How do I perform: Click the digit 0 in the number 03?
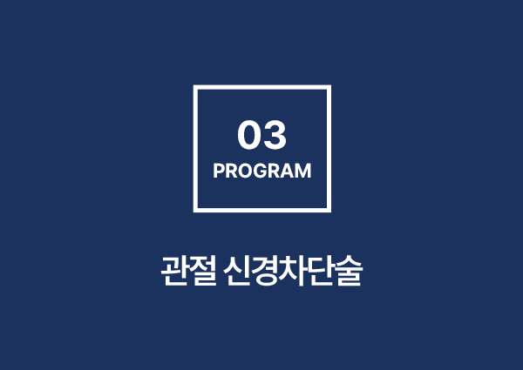tap(249, 135)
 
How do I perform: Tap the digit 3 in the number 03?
tap(275, 135)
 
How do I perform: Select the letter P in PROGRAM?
tap(219, 171)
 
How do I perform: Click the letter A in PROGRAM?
tap(289, 171)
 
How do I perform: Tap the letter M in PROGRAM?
tap(304, 171)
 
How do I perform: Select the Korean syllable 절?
tap(203, 271)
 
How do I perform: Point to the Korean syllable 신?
tap(238, 271)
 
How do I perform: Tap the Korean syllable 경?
tap(266, 271)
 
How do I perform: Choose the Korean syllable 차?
tap(293, 271)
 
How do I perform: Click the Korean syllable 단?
tap(321, 271)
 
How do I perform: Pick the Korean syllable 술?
tap(349, 271)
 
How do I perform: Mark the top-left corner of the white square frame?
tap(194, 85)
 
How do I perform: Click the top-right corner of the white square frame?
tap(331, 85)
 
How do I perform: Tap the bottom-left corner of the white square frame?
tap(194, 212)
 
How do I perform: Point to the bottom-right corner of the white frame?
tap(331, 212)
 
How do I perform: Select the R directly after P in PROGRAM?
tap(231, 171)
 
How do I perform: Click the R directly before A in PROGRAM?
tap(275, 171)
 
